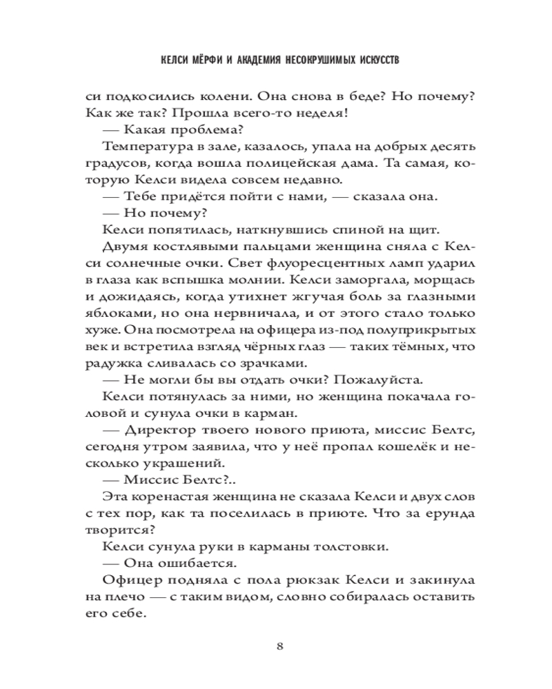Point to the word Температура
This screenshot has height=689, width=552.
tap(144, 147)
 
